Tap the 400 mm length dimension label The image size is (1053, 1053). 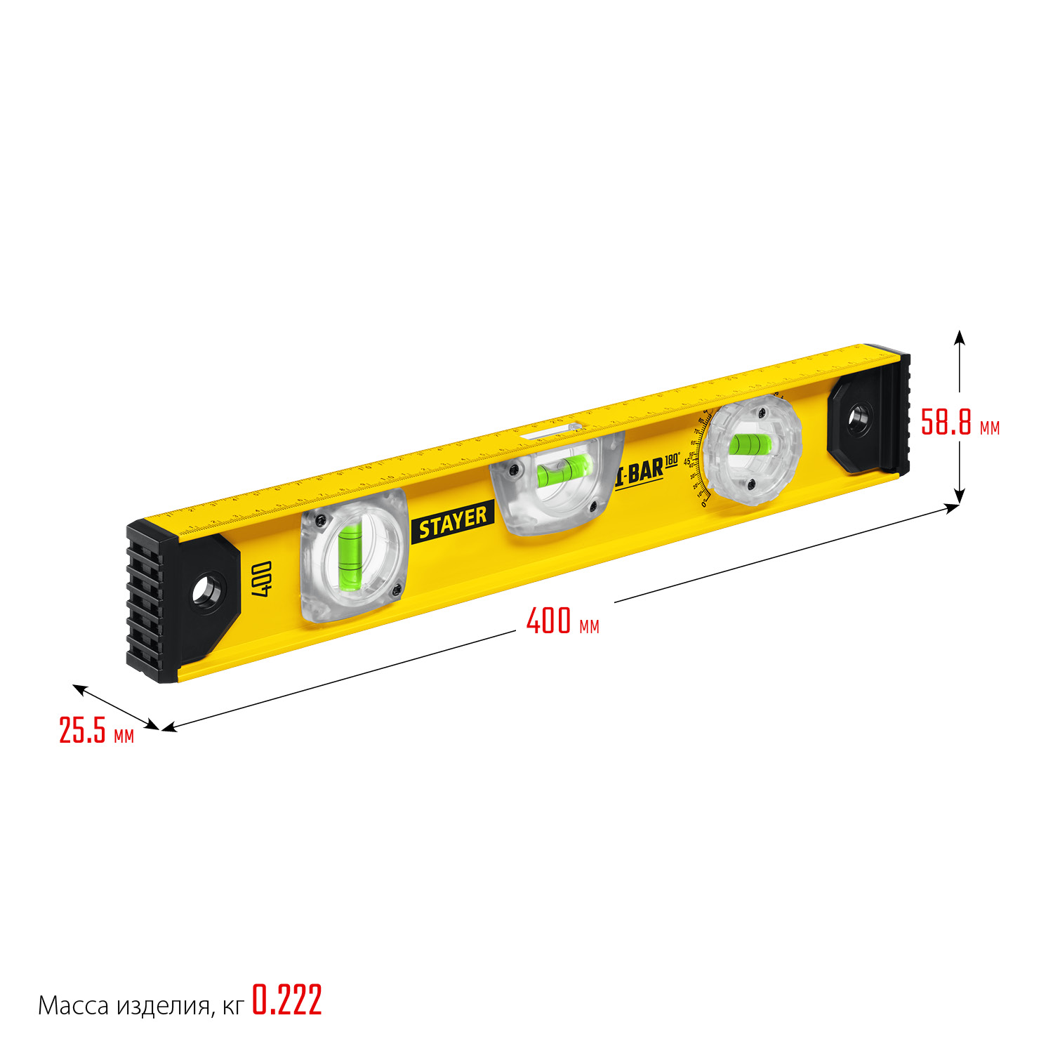coord(562,621)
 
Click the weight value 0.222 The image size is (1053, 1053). coord(287,1000)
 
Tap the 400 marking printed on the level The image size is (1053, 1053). coord(261,578)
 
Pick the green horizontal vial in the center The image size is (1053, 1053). coord(562,470)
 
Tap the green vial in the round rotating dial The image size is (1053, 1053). coord(750,444)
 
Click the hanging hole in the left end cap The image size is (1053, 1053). coord(208,590)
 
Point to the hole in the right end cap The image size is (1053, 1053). coord(857,419)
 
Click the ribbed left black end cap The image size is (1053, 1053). coord(146,604)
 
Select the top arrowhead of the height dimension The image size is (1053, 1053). coord(960,336)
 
